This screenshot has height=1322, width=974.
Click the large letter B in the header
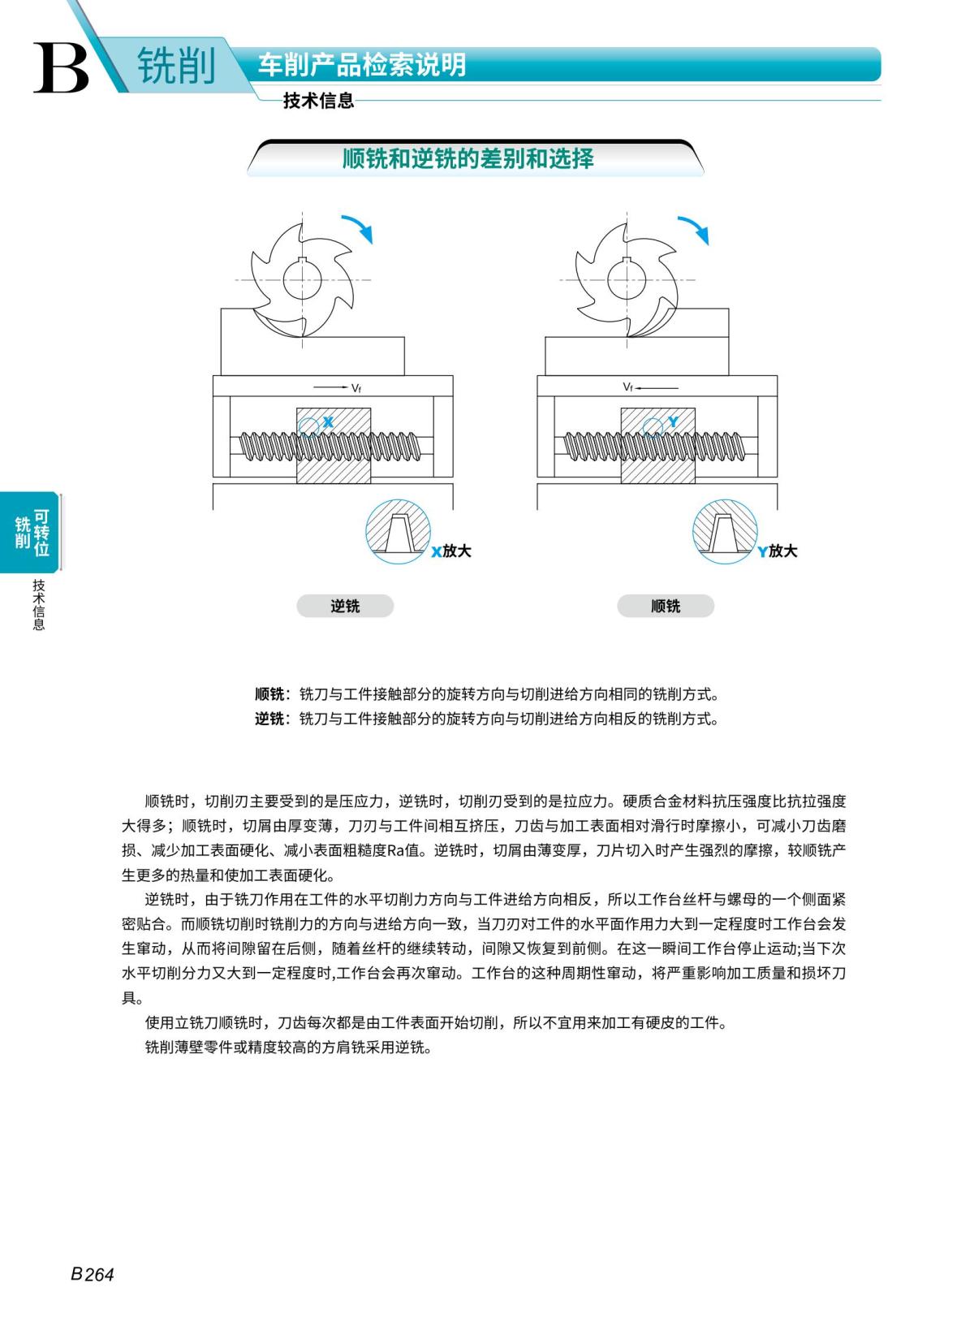pyautogui.click(x=62, y=67)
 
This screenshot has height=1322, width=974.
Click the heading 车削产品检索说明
pyautogui.click(x=362, y=65)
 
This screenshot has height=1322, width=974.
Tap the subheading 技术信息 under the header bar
pyautogui.click(x=318, y=101)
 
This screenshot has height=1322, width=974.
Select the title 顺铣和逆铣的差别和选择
pyautogui.click(x=468, y=158)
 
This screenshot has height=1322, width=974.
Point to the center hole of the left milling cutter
pyautogui.click(x=303, y=280)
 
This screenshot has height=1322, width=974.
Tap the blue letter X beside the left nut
pyautogui.click(x=329, y=422)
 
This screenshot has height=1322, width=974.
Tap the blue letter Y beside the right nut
pyautogui.click(x=673, y=422)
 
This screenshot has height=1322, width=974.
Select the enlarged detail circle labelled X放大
pyautogui.click(x=398, y=532)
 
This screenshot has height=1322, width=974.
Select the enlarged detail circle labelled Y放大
pyautogui.click(x=725, y=533)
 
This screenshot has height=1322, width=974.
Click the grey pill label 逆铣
pyautogui.click(x=345, y=606)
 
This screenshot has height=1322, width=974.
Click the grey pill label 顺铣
pyautogui.click(x=666, y=606)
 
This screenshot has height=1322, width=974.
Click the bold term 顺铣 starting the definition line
pyautogui.click(x=269, y=694)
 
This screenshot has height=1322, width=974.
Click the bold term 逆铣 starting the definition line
pyautogui.click(x=269, y=719)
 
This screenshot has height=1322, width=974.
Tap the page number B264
pyautogui.click(x=93, y=1274)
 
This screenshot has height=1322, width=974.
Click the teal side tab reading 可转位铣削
pyautogui.click(x=32, y=532)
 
